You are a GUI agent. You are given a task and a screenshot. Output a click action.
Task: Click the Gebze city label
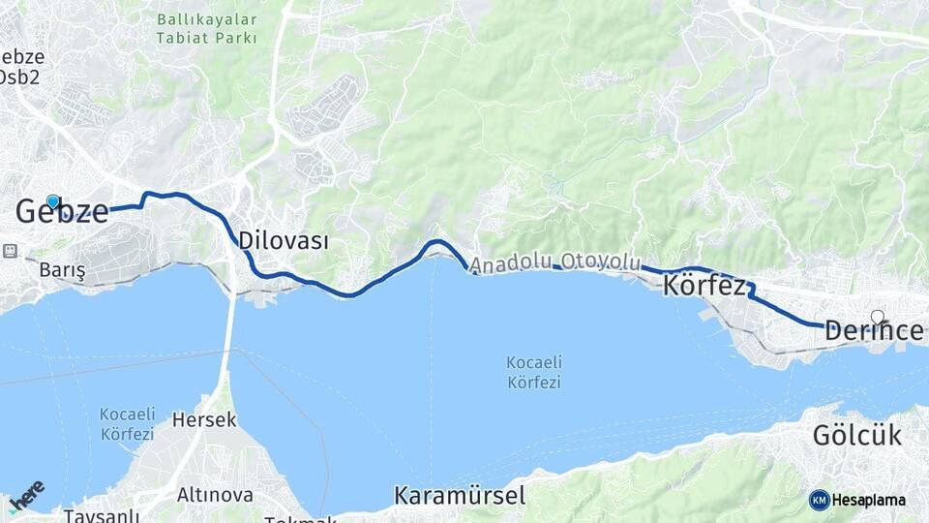[x=62, y=211]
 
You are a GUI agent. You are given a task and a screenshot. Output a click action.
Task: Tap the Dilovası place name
[x=283, y=241]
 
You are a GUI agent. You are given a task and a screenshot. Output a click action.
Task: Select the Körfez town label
[x=704, y=286]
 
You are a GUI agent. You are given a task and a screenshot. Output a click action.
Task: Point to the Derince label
[x=874, y=331]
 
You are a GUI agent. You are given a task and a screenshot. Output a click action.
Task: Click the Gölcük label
[x=856, y=435]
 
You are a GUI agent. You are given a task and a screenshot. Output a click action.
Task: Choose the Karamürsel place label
[x=460, y=496]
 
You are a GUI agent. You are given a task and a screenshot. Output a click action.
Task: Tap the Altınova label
[x=215, y=495]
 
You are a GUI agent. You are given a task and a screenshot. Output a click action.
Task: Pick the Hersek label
[x=203, y=420]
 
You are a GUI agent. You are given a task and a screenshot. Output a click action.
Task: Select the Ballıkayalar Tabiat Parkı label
[x=207, y=28]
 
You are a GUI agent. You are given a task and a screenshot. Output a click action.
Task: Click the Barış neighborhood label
[x=62, y=271]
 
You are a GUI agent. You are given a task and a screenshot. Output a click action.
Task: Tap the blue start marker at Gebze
[x=53, y=201]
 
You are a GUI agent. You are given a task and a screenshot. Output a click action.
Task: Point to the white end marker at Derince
[x=877, y=316]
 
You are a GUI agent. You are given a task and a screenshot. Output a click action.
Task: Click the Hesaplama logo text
[x=869, y=500]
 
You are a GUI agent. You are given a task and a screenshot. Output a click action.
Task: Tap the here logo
[x=26, y=495]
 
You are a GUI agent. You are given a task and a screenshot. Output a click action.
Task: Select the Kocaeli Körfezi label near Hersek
[x=127, y=424]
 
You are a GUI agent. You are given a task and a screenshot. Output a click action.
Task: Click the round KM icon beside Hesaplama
[x=819, y=500]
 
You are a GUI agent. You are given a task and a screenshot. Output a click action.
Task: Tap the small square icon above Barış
[x=11, y=251]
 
